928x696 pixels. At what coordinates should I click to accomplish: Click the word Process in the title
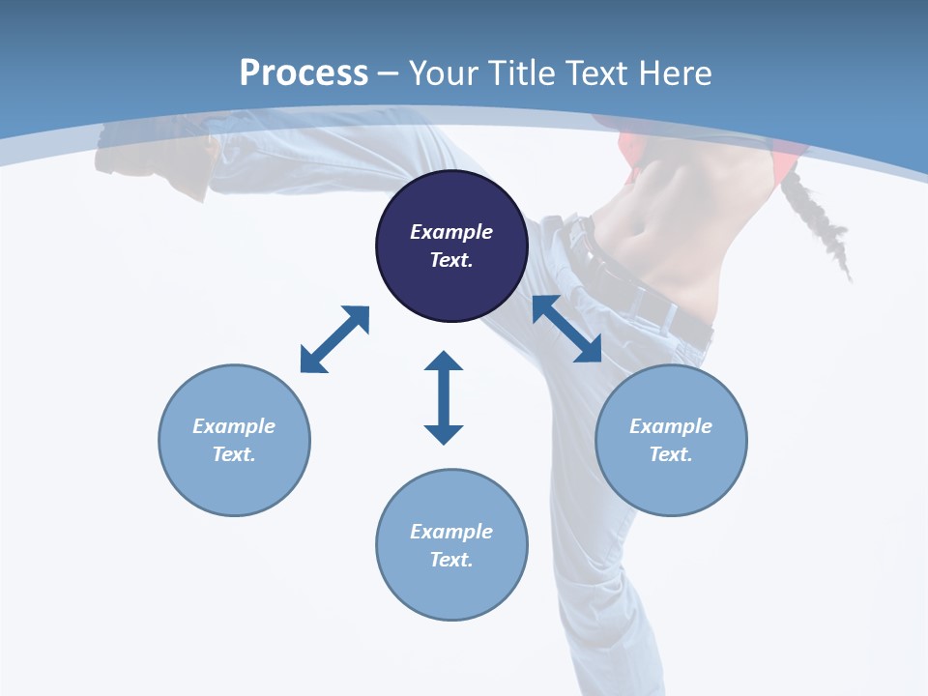point(304,72)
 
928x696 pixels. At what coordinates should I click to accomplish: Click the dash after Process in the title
point(389,74)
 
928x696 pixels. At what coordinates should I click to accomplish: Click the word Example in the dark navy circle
point(451,232)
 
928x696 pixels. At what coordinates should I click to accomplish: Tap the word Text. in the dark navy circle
point(451,260)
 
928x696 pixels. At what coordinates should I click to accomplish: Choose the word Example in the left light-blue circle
point(234,426)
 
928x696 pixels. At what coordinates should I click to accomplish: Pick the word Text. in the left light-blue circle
point(234,454)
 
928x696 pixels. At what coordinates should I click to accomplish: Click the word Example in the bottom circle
point(451,532)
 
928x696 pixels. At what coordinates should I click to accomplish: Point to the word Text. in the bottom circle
point(451,560)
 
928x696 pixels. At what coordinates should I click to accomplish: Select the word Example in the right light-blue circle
point(671,426)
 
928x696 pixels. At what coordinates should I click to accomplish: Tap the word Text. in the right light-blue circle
point(671,454)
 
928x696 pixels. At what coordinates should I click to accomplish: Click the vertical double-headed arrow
point(444,397)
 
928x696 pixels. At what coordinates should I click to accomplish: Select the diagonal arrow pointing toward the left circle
point(334,339)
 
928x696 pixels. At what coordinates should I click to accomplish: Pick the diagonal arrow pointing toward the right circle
point(567,329)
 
